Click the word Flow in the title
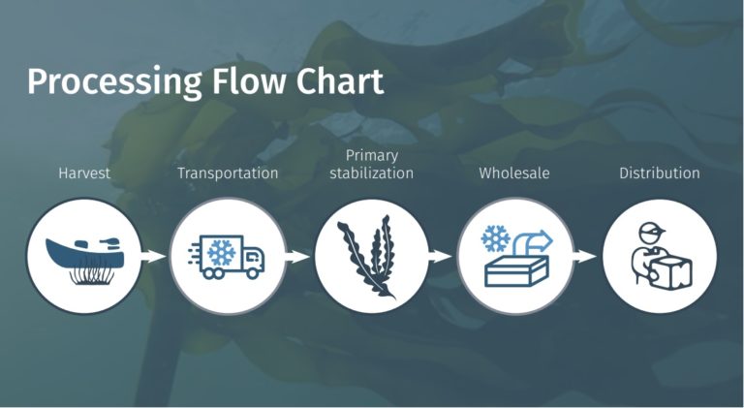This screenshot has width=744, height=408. pos(249,81)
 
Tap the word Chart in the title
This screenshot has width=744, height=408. pos(340,81)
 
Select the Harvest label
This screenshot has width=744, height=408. pos(84,173)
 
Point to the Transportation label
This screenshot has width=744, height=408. pos(228,173)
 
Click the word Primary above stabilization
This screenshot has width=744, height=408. pos(372,156)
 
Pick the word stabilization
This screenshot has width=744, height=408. pos(372,173)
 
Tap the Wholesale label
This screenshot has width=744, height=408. pos(514,173)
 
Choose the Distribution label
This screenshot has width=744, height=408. pos(660,173)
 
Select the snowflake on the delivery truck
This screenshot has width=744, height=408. pos(221,252)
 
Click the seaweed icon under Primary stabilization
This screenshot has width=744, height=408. pos(366,257)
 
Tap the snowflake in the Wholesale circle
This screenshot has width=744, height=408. pos(495,238)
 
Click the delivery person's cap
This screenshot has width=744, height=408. pos(651,231)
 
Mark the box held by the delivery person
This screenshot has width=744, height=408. pos(670,271)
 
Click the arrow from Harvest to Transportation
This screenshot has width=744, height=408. pos(153,257)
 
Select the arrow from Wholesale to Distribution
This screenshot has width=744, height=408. pos(584,257)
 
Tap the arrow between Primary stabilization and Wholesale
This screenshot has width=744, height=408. pos(440,257)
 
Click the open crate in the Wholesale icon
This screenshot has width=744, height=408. pos(516,270)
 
